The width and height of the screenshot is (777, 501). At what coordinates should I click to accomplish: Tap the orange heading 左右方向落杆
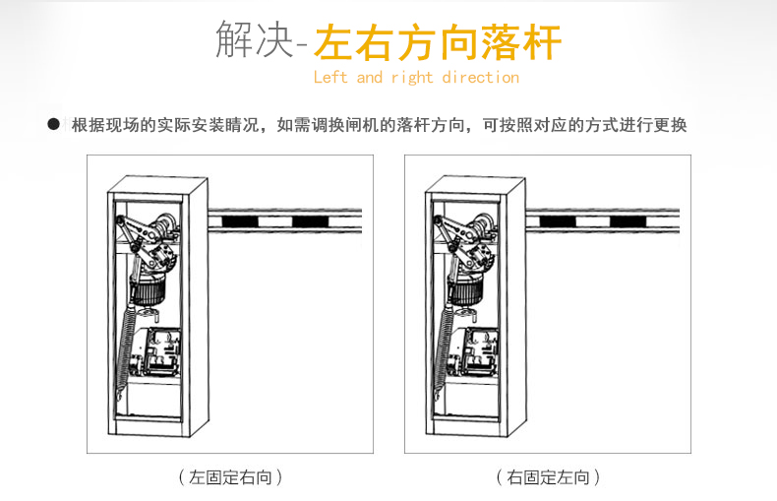tap(438, 43)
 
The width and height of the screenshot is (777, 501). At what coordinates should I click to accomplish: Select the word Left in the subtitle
tap(330, 78)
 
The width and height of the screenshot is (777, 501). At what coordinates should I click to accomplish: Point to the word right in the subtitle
tap(411, 78)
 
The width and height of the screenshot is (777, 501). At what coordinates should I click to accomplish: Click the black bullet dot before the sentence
tap(54, 125)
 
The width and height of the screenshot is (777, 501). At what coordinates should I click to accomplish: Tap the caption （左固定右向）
tap(230, 477)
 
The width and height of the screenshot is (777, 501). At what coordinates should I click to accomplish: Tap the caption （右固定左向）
tap(548, 477)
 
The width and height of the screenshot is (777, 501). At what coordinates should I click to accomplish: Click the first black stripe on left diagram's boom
tap(237, 221)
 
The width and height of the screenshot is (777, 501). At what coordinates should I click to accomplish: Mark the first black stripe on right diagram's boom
tap(555, 221)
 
